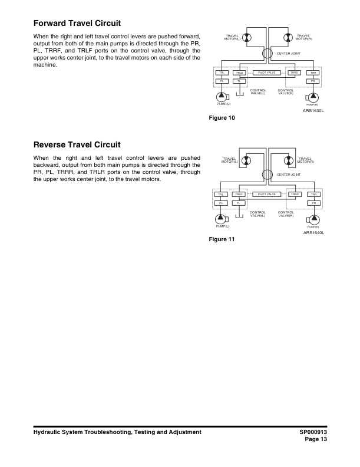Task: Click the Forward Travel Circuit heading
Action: coord(77,24)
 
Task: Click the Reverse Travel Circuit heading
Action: coord(77,144)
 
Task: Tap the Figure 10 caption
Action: coord(222,118)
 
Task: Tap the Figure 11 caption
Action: coord(222,239)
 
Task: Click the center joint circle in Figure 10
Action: coord(267,54)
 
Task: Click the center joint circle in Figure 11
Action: coord(267,174)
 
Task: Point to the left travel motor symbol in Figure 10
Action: coord(246,38)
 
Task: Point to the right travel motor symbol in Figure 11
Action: coord(289,160)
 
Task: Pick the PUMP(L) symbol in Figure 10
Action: coord(223,96)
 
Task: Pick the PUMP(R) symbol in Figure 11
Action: coord(313,219)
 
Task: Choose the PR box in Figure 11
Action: coord(314,202)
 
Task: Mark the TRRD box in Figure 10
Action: coord(295,73)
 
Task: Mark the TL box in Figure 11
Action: coord(239,202)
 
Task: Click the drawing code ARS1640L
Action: coord(314,232)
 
